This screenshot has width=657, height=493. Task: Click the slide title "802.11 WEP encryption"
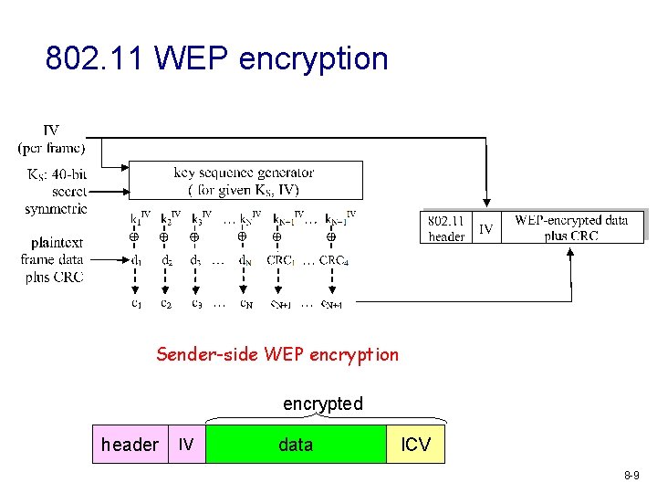[217, 58]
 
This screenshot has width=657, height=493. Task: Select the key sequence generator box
[245, 180]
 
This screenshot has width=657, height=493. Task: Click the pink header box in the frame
[130, 445]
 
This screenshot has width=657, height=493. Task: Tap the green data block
[296, 445]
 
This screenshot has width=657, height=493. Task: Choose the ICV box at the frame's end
[416, 445]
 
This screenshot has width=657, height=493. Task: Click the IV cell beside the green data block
[186, 445]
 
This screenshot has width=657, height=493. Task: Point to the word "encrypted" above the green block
[322, 404]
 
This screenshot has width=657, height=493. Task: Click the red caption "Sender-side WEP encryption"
[277, 354]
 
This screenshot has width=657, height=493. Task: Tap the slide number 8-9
[631, 476]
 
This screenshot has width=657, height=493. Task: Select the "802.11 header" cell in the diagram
[446, 228]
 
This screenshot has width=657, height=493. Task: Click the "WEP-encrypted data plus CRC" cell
[571, 227]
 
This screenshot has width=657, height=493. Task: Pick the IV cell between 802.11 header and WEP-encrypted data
[486, 228]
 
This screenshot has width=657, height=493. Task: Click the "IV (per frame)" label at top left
[51, 139]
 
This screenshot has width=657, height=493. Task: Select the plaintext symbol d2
[166, 259]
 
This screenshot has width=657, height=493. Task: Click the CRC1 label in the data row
[280, 259]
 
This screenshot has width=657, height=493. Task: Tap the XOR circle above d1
[133, 237]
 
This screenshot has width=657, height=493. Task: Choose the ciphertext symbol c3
[196, 303]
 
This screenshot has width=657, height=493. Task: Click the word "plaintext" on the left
[57, 243]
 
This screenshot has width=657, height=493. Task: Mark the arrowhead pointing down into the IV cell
[486, 205]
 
